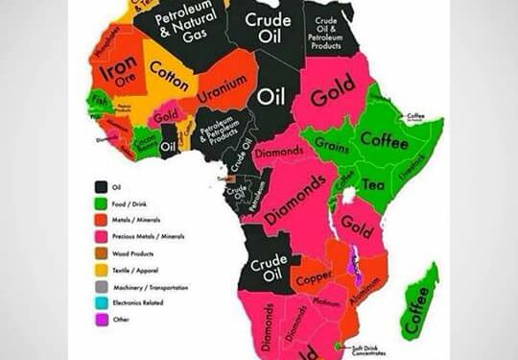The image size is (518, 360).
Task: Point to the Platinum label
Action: pos(327,305)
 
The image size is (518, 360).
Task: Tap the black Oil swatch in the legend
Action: pos(100,186)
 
